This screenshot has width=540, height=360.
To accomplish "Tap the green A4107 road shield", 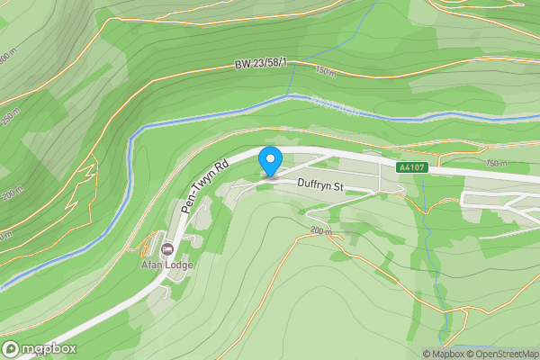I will [x=413, y=166].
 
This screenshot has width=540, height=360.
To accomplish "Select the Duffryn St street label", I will [x=322, y=187].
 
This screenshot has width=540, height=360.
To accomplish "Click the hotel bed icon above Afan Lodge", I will [x=166, y=247].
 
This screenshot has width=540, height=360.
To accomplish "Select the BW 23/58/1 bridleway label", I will [x=261, y=64].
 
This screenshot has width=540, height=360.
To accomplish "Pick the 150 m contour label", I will [x=327, y=69].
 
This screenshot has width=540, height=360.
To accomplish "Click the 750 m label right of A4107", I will [x=496, y=164].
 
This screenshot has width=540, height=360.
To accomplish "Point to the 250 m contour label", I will [x=9, y=118].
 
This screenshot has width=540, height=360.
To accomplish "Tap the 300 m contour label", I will [x=8, y=57].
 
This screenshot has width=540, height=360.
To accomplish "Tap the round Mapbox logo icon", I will [x=12, y=348].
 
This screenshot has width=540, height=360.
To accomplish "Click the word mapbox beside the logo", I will [x=49, y=348].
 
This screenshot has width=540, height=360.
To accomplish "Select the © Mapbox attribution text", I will [x=443, y=354].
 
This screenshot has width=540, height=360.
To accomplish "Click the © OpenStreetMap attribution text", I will [x=502, y=354].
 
